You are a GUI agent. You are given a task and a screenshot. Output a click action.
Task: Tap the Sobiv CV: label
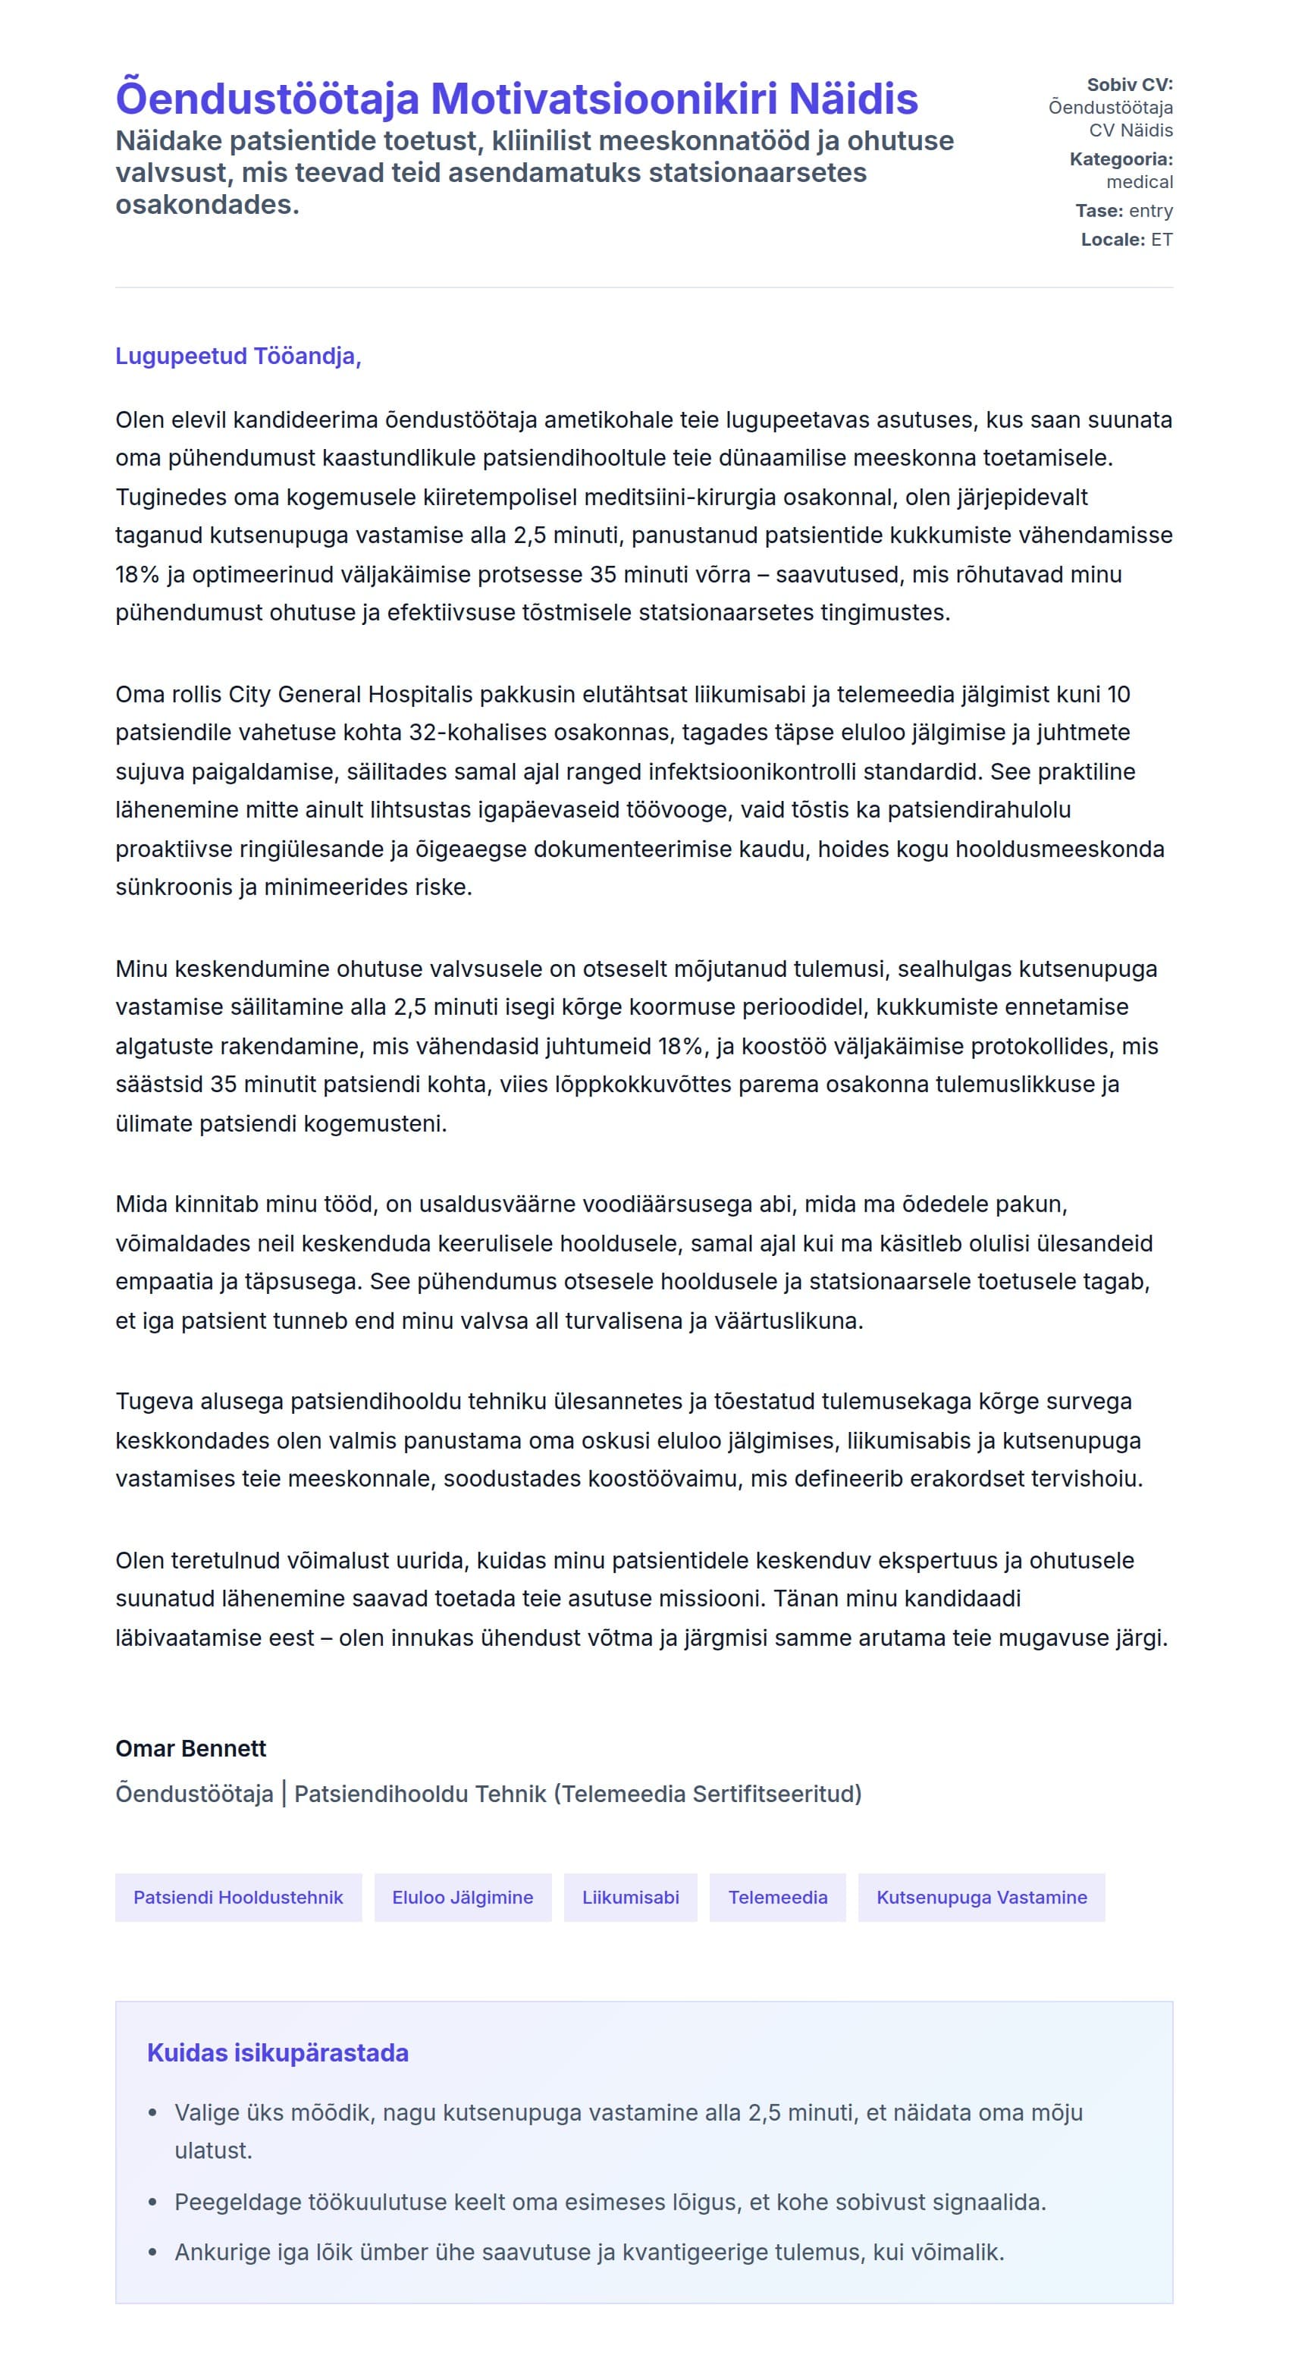[x=1129, y=85]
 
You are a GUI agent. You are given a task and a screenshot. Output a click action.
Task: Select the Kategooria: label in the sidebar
[x=1120, y=159]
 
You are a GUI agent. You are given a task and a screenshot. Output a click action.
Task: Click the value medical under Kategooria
[x=1140, y=183]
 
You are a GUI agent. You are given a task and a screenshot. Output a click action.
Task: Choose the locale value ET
[x=1162, y=240]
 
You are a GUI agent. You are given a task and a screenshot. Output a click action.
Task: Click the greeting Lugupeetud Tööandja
[x=238, y=356]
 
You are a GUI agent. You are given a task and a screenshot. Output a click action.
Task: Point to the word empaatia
[x=158, y=1282]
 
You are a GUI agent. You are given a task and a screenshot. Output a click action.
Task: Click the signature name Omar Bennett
[x=190, y=1748]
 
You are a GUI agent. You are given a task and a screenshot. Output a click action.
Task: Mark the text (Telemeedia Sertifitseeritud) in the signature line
[x=707, y=1794]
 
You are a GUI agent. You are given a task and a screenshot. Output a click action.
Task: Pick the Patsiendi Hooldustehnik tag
[x=238, y=1897]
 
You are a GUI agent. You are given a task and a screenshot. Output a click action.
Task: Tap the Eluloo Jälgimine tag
[x=463, y=1897]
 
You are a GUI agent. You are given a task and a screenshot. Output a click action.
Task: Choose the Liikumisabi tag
[x=630, y=1897]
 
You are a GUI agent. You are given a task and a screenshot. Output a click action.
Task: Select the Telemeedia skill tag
[x=777, y=1897]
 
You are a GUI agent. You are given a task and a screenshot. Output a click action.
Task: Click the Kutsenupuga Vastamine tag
[x=981, y=1897]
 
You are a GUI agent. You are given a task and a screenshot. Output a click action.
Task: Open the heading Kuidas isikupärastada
[x=278, y=2053]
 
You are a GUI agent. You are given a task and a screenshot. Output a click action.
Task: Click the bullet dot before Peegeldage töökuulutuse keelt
[x=153, y=2203]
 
